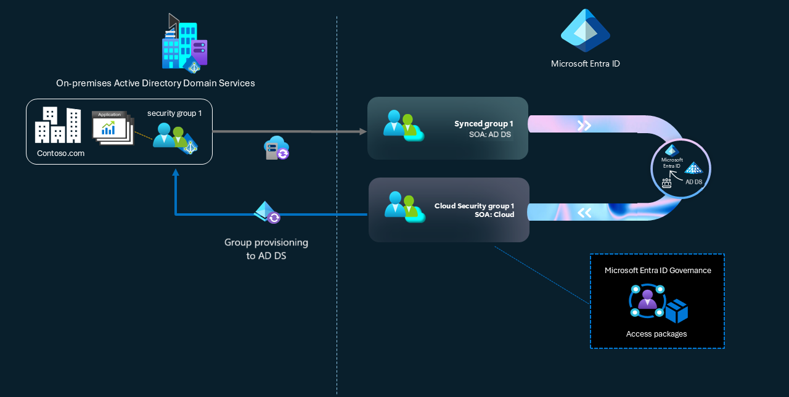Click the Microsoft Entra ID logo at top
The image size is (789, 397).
(585, 30)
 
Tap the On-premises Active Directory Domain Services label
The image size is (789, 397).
(155, 83)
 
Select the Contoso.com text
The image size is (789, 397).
(60, 153)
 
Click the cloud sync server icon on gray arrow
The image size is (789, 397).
(276, 149)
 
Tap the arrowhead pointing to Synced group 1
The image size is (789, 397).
(361, 131)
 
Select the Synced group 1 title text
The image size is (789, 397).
(484, 124)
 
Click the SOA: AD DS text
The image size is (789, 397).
(490, 134)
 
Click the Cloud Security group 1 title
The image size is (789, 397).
(474, 206)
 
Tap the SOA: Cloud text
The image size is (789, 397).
(494, 215)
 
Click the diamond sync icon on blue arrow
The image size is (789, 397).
(267, 212)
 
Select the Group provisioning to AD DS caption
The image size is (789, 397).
(266, 249)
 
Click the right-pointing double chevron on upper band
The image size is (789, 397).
(584, 126)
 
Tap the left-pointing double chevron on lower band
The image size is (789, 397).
(584, 213)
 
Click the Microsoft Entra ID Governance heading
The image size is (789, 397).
(658, 271)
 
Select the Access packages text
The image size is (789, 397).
(656, 334)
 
